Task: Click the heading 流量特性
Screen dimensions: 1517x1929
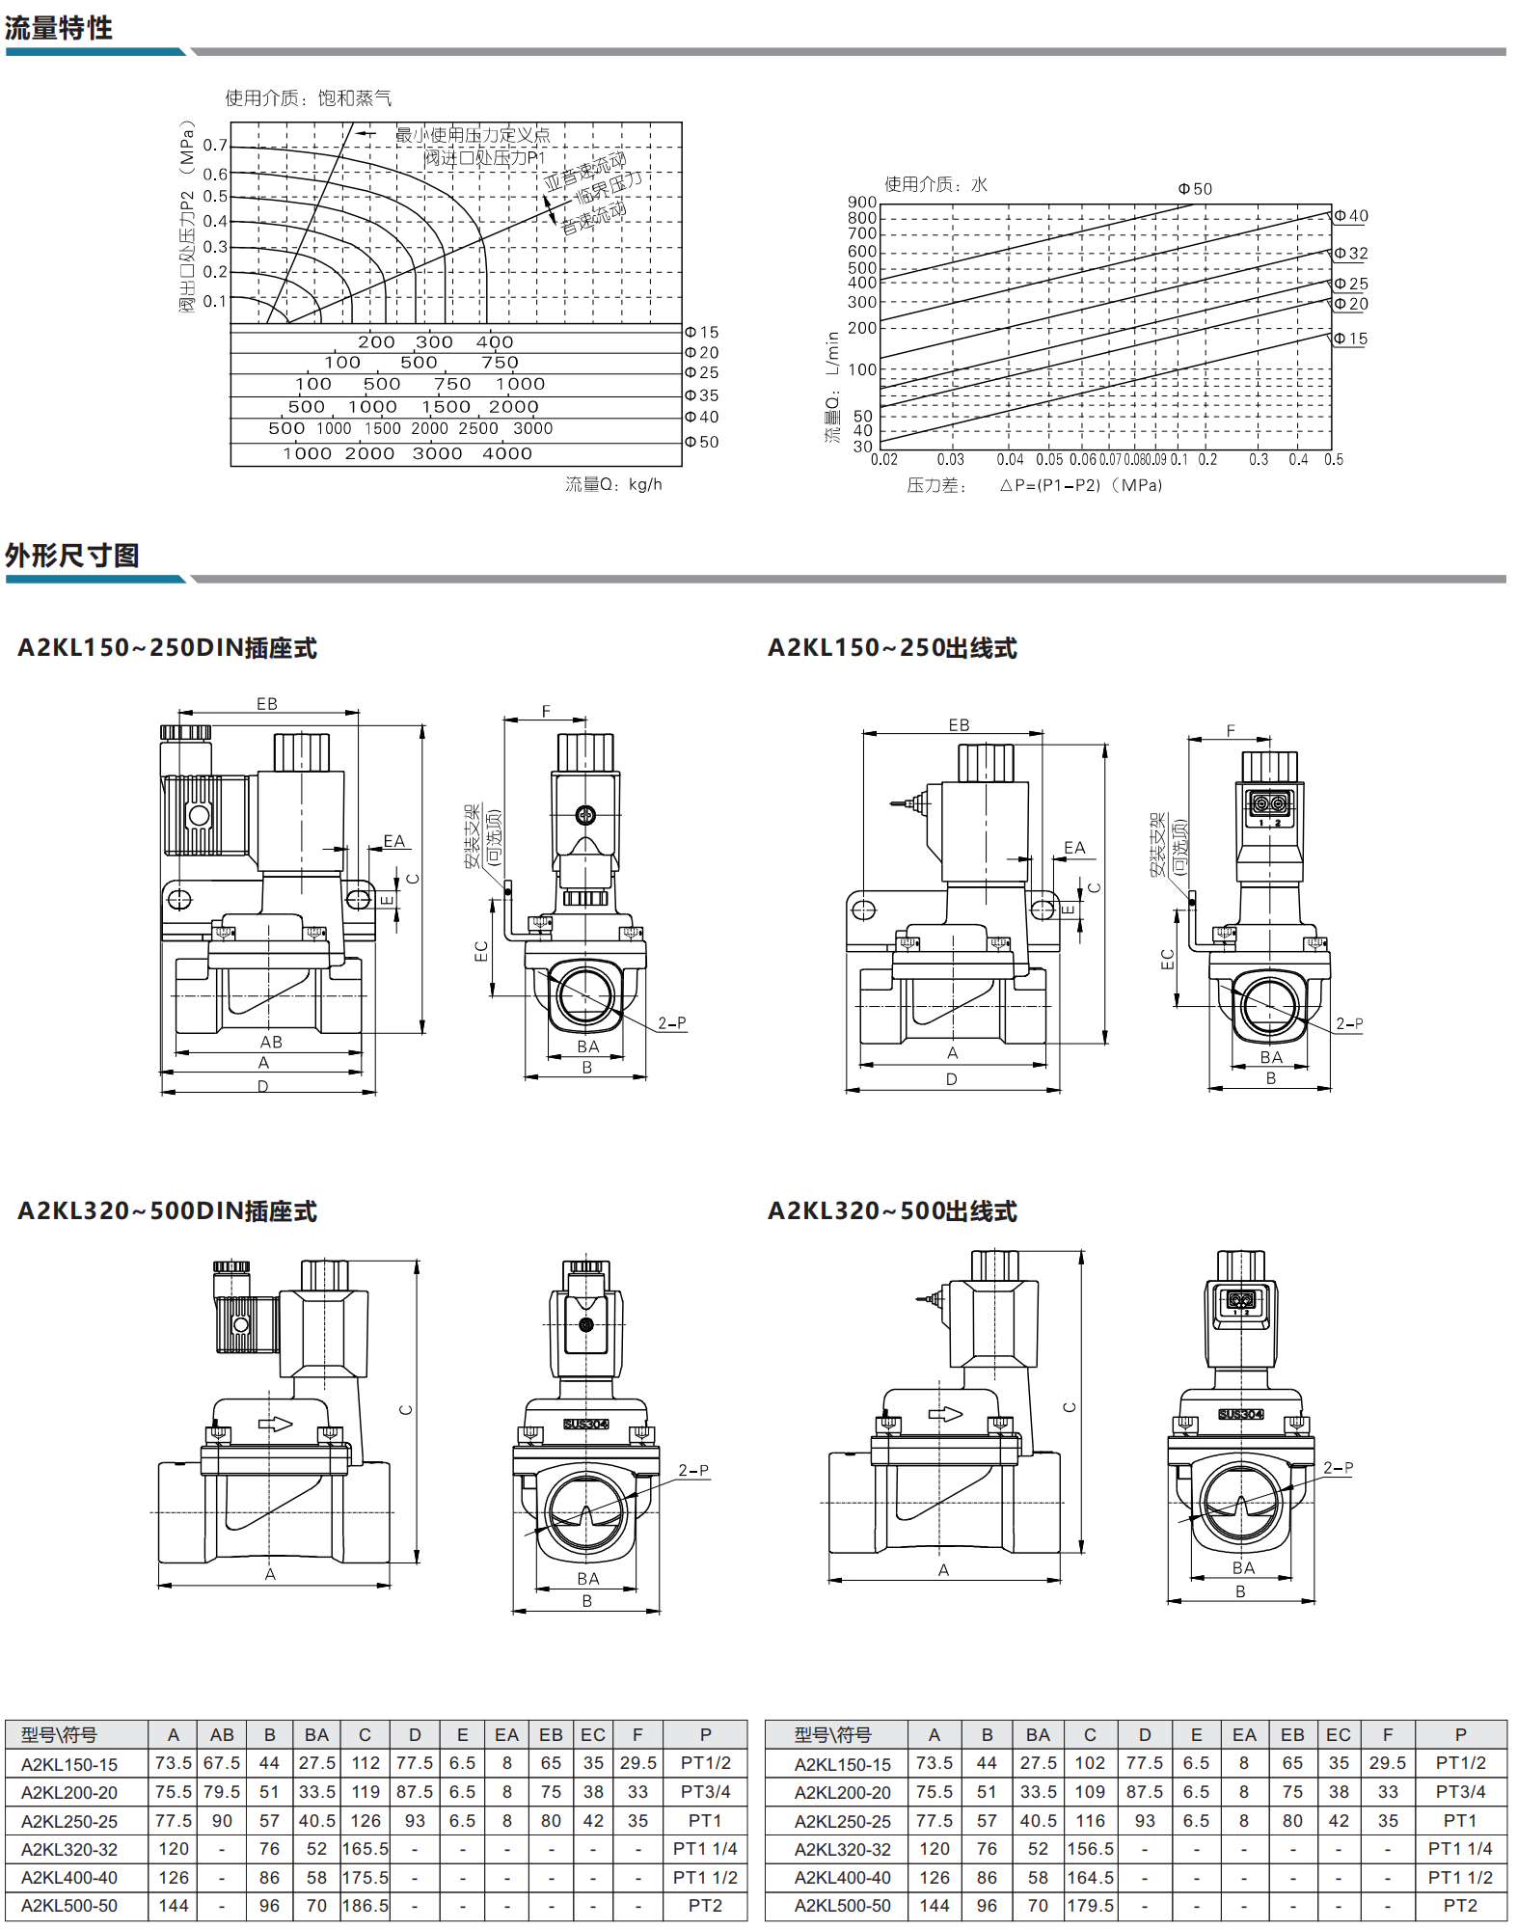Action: (x=59, y=28)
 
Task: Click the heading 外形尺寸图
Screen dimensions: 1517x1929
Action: (x=72, y=556)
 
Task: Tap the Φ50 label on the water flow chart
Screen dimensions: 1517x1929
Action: (x=1195, y=189)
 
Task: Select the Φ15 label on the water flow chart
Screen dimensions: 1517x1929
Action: (x=1350, y=339)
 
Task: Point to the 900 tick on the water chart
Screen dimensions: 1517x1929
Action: (x=862, y=203)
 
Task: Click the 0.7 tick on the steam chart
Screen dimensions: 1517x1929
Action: (x=215, y=146)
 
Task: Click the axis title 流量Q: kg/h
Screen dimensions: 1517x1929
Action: (x=613, y=484)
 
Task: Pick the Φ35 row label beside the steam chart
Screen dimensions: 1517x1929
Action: (x=702, y=395)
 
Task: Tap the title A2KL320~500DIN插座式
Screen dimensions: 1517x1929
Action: (x=168, y=1211)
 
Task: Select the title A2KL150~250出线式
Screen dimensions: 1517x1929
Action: (x=892, y=648)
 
